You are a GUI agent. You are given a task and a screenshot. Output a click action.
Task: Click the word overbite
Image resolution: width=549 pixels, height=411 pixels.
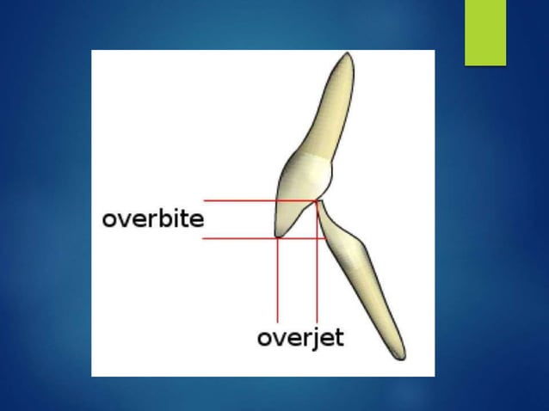pos(152,218)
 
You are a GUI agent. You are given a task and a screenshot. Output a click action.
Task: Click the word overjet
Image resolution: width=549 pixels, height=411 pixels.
pos(300,337)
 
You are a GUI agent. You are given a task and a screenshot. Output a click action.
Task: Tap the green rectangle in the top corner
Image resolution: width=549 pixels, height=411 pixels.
pos(484,32)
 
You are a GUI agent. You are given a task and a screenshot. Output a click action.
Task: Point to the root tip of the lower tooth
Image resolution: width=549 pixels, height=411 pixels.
pos(398,356)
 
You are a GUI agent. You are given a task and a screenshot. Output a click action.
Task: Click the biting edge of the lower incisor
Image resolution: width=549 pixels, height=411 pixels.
pos(319,205)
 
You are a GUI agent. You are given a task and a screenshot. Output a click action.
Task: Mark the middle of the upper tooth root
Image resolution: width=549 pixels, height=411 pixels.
pos(332,107)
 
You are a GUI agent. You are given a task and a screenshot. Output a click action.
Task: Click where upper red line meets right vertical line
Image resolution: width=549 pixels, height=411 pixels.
pos(318,200)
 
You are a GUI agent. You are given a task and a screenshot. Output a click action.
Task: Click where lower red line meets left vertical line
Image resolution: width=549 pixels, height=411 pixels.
pos(278,238)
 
